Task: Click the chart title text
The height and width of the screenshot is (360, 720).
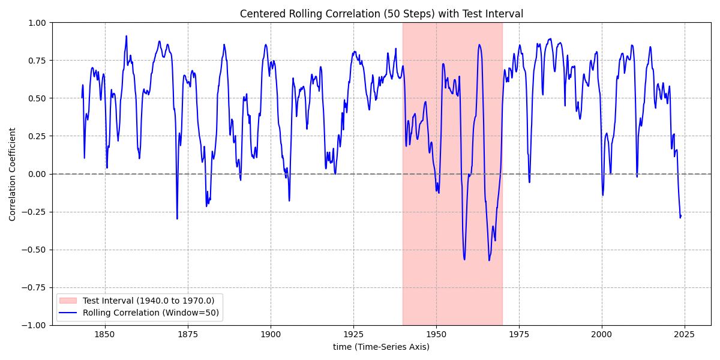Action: pyautogui.click(x=381, y=14)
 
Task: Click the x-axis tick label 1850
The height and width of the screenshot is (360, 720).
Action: pyautogui.click(x=105, y=334)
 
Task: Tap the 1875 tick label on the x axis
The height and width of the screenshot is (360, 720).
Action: pyautogui.click(x=188, y=334)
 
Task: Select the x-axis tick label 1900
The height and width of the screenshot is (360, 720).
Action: pyautogui.click(x=271, y=334)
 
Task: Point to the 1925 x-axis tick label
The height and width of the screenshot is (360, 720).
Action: pyautogui.click(x=353, y=334)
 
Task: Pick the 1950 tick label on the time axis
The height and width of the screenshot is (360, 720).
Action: pyautogui.click(x=436, y=334)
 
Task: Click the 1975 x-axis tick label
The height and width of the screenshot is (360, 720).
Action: pyautogui.click(x=519, y=334)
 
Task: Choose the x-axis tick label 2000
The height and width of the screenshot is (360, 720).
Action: pyautogui.click(x=602, y=334)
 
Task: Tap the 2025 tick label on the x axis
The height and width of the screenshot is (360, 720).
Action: pyautogui.click(x=685, y=334)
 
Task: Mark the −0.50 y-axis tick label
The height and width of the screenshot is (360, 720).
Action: pyautogui.click(x=35, y=250)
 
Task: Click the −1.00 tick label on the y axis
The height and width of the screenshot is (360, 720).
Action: pyautogui.click(x=35, y=325)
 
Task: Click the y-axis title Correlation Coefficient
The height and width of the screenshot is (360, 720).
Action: pyautogui.click(x=13, y=174)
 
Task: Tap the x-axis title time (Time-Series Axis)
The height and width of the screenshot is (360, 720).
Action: pyautogui.click(x=381, y=347)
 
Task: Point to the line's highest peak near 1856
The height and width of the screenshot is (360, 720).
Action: pyautogui.click(x=127, y=36)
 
